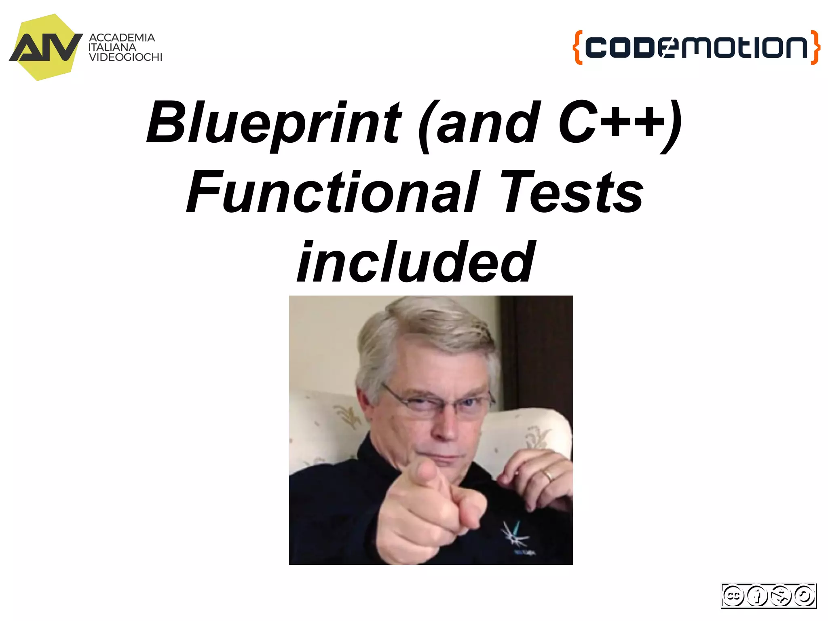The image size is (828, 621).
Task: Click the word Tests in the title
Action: click(572, 193)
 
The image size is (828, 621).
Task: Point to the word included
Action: click(416, 262)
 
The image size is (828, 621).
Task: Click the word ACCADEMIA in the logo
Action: click(122, 38)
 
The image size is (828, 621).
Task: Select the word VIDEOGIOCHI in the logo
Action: click(125, 57)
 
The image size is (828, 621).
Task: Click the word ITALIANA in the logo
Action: click(112, 47)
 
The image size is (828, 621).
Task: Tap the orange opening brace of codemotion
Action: click(578, 47)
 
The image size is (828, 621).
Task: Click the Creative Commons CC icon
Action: click(733, 596)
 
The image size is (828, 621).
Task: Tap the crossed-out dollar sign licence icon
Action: click(781, 596)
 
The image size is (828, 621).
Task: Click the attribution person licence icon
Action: click(757, 596)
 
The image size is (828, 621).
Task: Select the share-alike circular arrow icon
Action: click(804, 596)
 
